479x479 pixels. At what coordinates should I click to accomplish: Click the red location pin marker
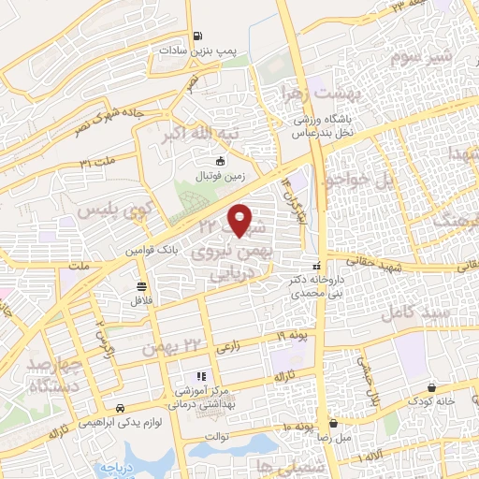tap(240, 219)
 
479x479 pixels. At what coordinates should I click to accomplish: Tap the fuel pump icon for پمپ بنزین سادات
tap(196, 37)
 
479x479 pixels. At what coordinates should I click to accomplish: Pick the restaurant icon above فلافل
tap(140, 285)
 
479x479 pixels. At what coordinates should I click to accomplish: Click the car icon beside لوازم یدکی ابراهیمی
tap(121, 408)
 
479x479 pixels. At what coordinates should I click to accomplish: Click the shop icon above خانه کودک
tap(432, 386)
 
